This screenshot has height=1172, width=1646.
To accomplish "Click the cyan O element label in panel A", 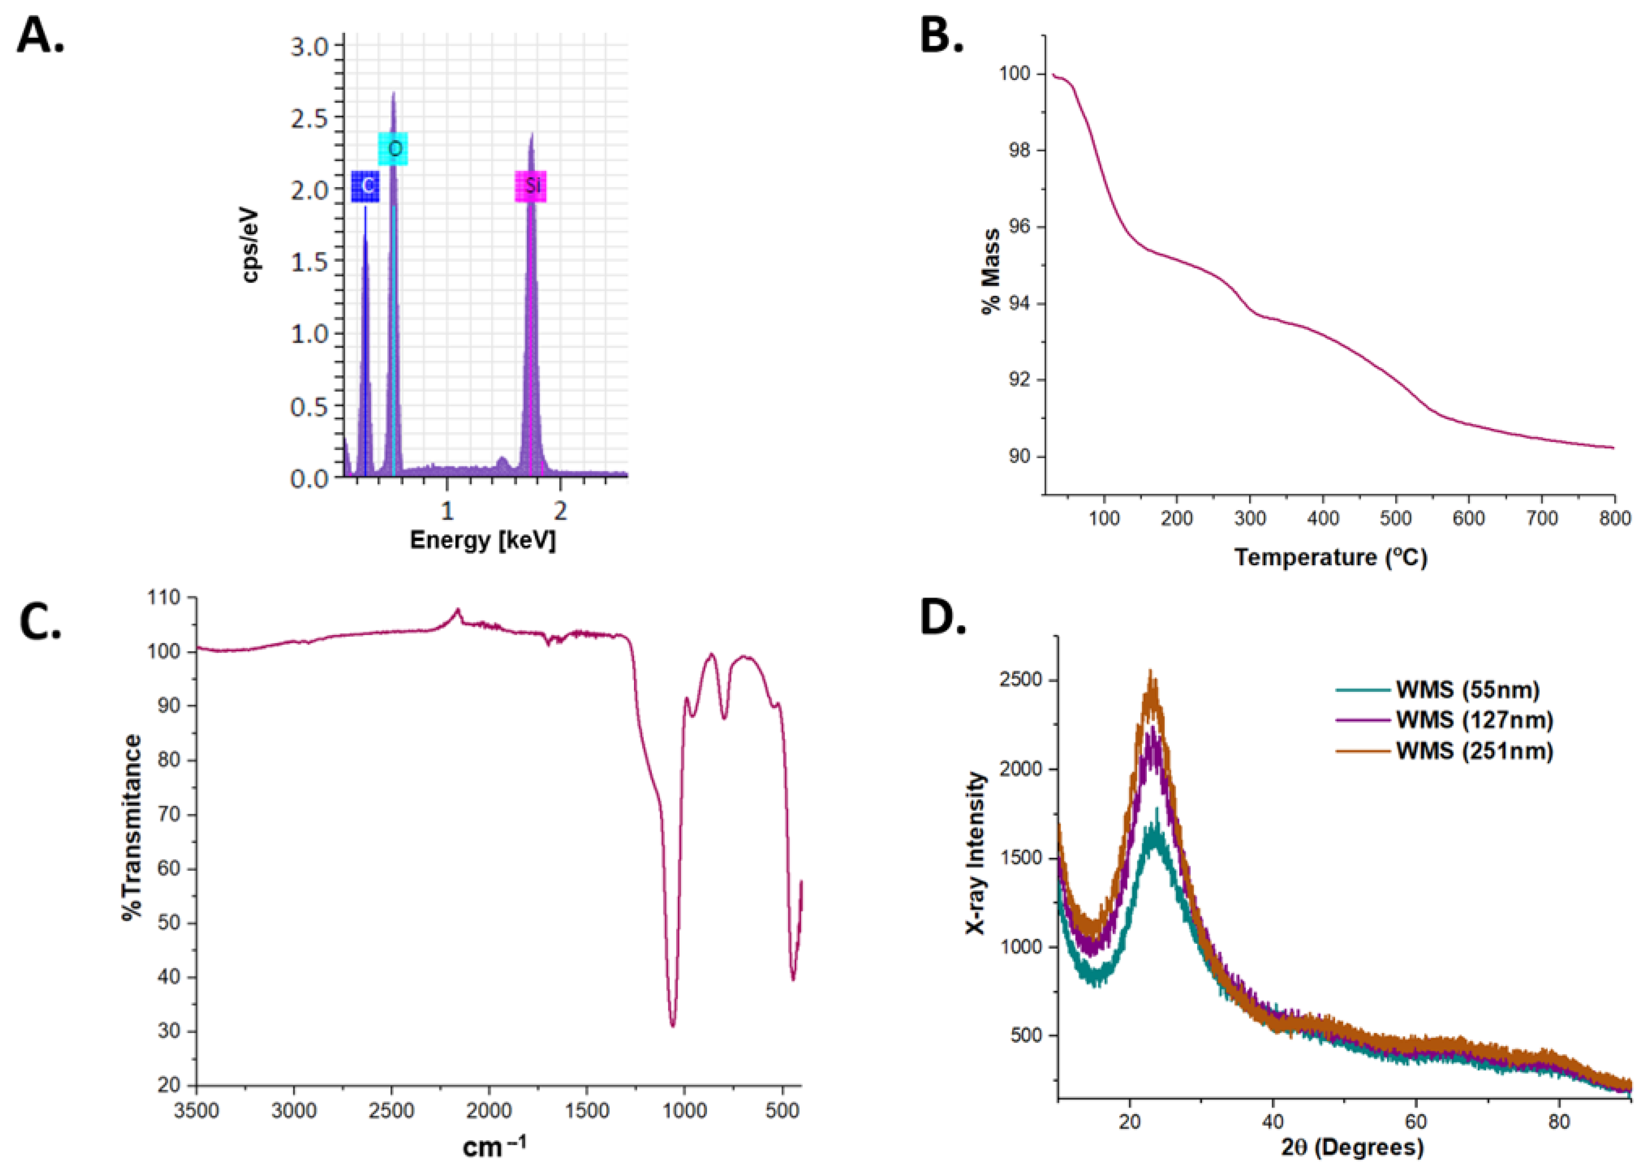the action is coord(393,149).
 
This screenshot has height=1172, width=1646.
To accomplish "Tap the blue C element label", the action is coord(366,186).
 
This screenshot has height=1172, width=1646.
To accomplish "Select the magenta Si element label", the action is coord(531,186).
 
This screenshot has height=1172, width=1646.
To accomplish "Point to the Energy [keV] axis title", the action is coord(483,540).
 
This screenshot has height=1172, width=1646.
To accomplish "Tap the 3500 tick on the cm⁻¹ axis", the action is coord(197,1110).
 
